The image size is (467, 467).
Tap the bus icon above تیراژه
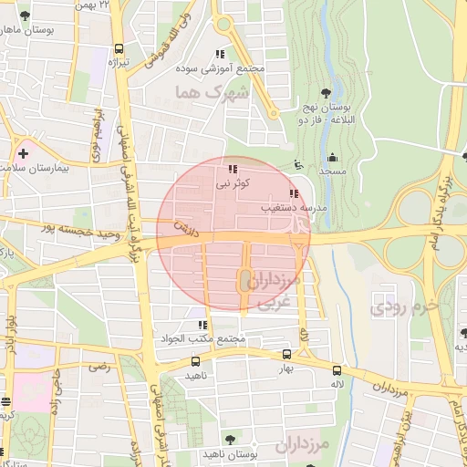click(x=118, y=50)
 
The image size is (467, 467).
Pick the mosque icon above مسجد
click(x=332, y=157)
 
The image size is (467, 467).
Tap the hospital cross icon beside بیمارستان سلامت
click(x=22, y=153)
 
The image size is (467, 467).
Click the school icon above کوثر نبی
click(x=232, y=169)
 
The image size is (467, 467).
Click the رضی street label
click(x=99, y=367)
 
